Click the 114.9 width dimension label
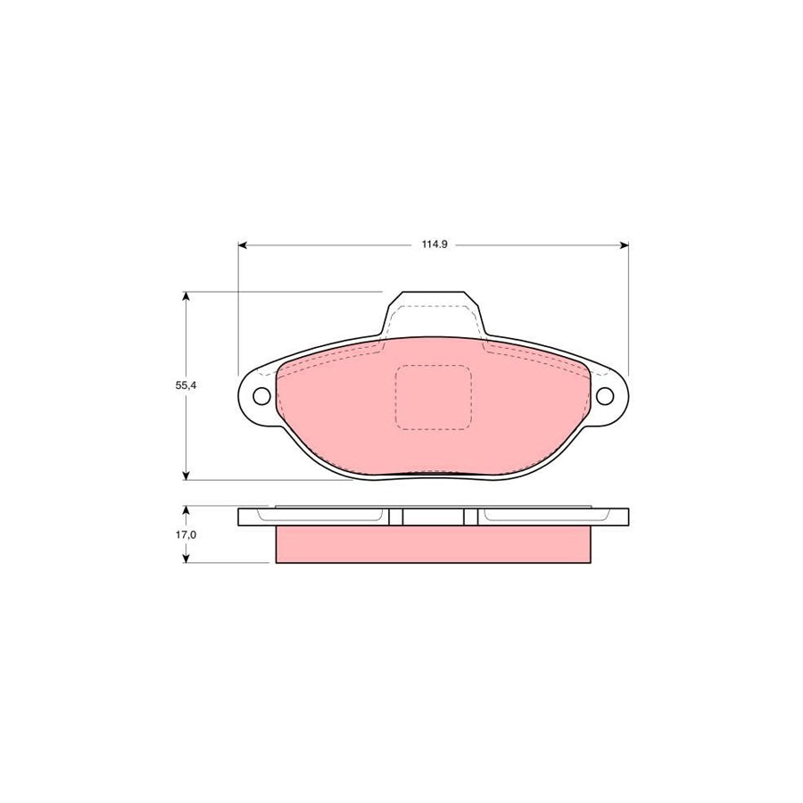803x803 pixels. click(x=434, y=244)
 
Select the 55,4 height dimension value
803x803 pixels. click(x=186, y=385)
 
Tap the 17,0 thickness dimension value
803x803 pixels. click(x=186, y=535)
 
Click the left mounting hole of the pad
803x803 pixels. click(x=261, y=397)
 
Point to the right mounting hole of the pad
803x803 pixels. click(x=606, y=397)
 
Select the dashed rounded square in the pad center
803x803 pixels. click(x=433, y=397)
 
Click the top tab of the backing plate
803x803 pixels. click(x=434, y=308)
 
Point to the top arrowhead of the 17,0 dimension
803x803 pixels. click(x=186, y=511)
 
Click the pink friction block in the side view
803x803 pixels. click(x=434, y=545)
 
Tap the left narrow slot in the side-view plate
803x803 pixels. click(x=396, y=517)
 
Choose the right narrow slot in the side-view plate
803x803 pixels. click(x=470, y=517)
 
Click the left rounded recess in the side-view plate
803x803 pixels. click(x=321, y=515)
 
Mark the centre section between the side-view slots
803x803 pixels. click(x=434, y=517)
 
